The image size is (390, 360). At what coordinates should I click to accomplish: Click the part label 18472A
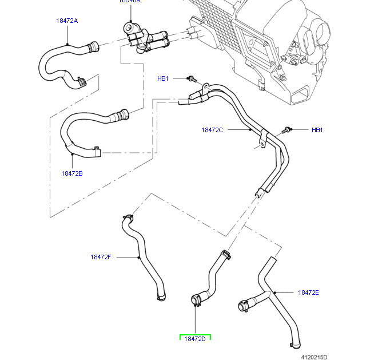[67, 21]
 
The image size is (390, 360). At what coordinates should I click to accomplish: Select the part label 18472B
[72, 173]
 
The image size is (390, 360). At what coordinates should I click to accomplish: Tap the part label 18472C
[212, 130]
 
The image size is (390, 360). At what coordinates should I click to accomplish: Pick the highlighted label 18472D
[194, 339]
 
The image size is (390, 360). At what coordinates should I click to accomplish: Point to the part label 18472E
[308, 292]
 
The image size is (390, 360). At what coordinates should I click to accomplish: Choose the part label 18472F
[100, 257]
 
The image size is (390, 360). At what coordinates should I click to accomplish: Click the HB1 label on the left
[163, 78]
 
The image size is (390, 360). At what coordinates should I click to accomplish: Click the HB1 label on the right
[317, 130]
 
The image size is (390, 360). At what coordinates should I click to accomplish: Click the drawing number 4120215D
[315, 357]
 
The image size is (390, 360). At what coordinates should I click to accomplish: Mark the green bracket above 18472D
[195, 335]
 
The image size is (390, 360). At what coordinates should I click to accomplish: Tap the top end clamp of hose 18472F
[129, 217]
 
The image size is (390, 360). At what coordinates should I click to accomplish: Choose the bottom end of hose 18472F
[161, 296]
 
